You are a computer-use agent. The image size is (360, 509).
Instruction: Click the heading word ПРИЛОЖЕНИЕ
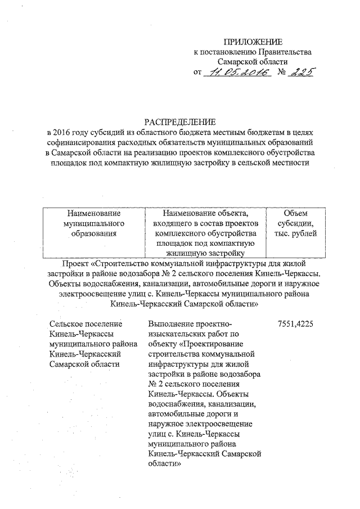coord(253,42)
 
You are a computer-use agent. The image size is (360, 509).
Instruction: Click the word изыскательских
coord(177,335)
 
